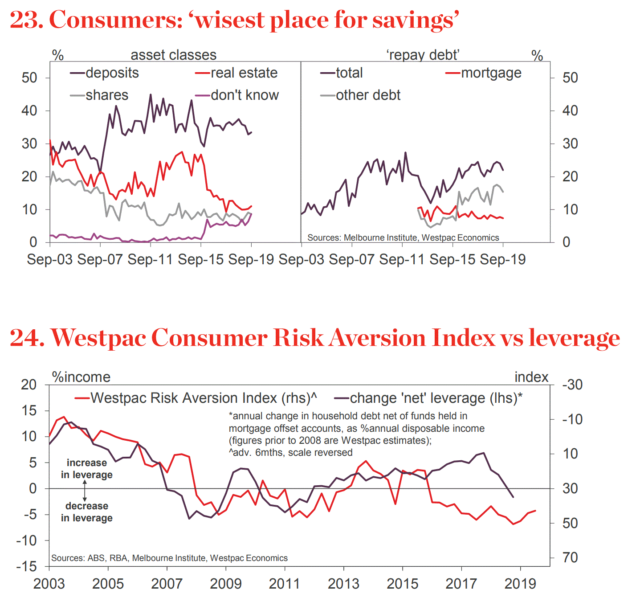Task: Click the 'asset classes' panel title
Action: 173,55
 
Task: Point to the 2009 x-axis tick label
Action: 225,583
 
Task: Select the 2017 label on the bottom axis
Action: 461,583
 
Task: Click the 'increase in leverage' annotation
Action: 86,468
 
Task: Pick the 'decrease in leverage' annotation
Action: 86,512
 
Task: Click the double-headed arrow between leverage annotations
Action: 85,490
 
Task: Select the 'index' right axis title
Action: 531,377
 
